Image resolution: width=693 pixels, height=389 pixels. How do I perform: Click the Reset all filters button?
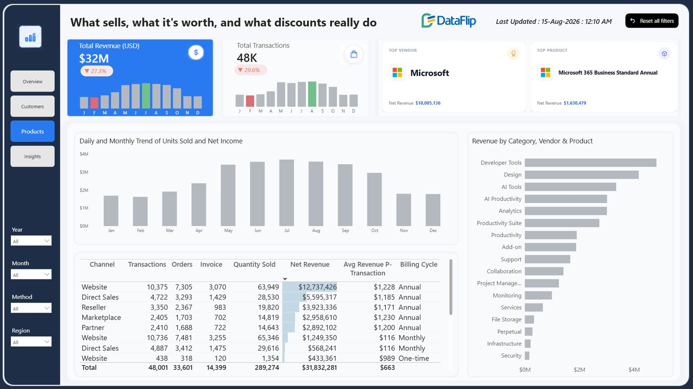click(651, 21)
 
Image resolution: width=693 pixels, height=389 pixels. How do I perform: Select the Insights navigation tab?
click(32, 157)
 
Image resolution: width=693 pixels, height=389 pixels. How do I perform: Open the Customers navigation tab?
click(32, 106)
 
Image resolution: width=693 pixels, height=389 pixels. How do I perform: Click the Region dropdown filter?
click(31, 342)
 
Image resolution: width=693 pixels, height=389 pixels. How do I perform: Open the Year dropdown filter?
click(31, 241)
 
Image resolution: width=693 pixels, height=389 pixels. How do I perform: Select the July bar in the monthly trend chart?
click(286, 193)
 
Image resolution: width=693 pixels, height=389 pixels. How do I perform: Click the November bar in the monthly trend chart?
click(403, 210)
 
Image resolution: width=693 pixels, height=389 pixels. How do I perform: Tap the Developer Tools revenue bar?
click(591, 163)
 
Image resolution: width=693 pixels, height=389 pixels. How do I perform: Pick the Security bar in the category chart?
click(527, 355)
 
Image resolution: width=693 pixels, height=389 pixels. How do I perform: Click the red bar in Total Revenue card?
click(94, 103)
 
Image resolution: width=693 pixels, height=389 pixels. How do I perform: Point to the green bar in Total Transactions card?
click(312, 94)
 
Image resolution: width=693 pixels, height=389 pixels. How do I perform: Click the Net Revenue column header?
click(310, 264)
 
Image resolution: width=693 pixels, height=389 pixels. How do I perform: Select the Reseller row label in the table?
click(94, 307)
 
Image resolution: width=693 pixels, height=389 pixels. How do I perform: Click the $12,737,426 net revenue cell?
click(318, 287)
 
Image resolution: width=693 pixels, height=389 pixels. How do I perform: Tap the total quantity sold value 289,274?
click(267, 368)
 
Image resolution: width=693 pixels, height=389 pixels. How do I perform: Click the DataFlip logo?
click(449, 21)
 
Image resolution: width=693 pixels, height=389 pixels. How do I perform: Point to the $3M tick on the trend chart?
click(84, 172)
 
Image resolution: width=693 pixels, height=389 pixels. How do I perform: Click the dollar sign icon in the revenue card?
click(196, 52)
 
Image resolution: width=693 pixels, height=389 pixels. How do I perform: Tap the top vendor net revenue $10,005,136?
click(428, 103)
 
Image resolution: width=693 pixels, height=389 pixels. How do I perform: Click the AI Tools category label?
click(511, 187)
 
